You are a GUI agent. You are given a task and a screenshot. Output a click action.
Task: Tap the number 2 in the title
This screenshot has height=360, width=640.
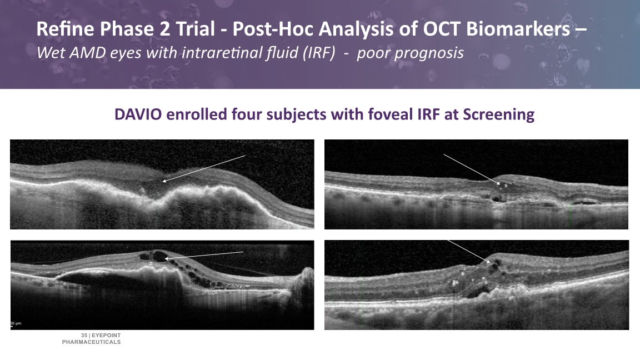pyautogui.click(x=165, y=29)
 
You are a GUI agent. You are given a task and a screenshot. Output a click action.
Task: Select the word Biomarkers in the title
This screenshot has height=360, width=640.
pyautogui.click(x=518, y=29)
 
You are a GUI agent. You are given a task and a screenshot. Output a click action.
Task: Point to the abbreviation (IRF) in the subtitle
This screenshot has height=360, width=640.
pyautogui.click(x=319, y=53)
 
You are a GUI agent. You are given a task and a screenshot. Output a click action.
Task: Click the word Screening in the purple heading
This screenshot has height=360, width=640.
pyautogui.click(x=498, y=115)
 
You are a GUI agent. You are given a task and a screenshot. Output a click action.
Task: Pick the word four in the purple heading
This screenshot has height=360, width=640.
pyautogui.click(x=247, y=114)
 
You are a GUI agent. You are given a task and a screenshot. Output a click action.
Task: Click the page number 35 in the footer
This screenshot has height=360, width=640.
pyautogui.click(x=84, y=336)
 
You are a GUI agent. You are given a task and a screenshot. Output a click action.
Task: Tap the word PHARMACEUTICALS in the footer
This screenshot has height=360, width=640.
pyautogui.click(x=92, y=342)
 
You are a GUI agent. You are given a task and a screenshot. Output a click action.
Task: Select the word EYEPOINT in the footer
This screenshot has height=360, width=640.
pyautogui.click(x=106, y=336)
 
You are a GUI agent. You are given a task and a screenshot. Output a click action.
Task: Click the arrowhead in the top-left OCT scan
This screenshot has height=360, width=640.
pyautogui.click(x=164, y=181)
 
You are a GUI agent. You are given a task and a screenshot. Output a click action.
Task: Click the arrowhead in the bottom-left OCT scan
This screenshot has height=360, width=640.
pyautogui.click(x=167, y=258)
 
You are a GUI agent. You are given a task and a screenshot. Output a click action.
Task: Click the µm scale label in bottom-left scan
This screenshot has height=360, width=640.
pyautogui.click(x=16, y=323)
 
